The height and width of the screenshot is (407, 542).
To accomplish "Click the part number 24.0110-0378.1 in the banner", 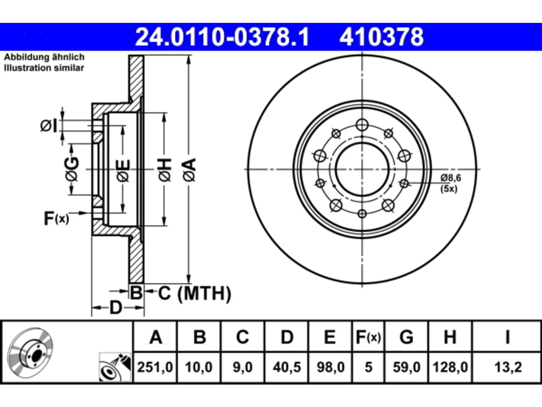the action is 222,37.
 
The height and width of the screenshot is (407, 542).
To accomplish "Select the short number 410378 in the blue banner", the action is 382,37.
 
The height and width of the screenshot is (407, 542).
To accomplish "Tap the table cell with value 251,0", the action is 155,367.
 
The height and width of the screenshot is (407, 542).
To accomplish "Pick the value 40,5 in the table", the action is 287,367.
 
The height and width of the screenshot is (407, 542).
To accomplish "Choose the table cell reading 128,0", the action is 450,367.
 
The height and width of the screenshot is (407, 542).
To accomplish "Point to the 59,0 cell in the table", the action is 406,367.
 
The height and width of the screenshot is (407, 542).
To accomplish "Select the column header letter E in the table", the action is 330,337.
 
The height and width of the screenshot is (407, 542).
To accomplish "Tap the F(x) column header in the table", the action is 368,337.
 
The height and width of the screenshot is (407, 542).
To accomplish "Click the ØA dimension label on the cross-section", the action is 189,170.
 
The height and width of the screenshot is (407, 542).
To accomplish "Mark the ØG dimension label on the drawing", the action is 72,169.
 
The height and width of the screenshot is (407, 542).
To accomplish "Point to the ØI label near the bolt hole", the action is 49,125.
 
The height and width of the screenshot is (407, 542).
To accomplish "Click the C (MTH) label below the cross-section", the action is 194,293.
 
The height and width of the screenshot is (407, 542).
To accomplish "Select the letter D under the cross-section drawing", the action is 116,308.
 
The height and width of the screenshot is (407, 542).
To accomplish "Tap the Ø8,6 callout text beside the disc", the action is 451,178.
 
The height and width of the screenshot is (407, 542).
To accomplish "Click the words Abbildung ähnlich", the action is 44,57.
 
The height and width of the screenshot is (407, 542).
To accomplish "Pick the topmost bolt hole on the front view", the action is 362,125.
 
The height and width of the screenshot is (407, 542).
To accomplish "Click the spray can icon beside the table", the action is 115,367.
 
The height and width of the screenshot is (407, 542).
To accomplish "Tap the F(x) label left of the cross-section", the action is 56,218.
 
